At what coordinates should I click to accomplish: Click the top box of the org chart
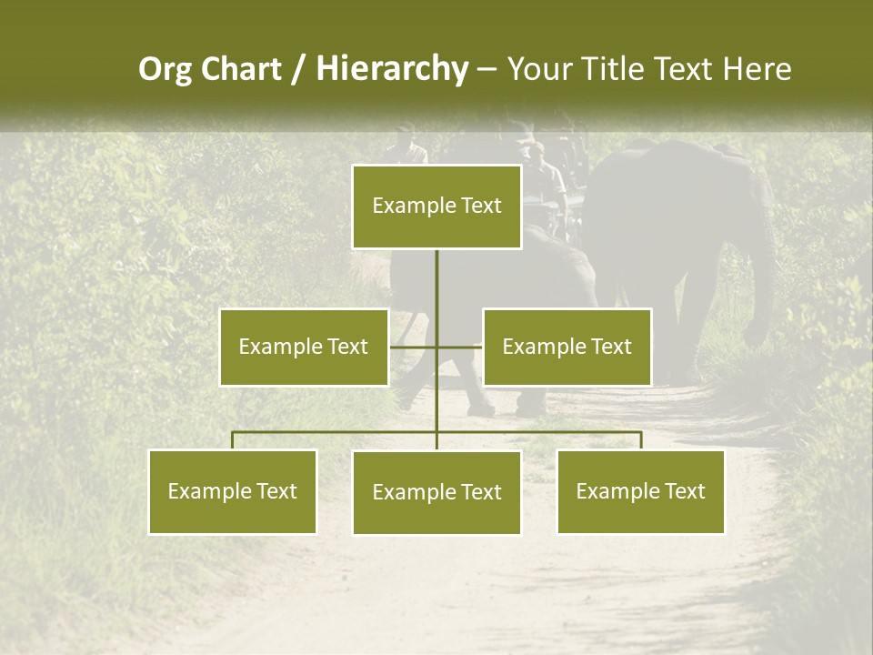point(436,207)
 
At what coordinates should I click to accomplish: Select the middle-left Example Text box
point(304,347)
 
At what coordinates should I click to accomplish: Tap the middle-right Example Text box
point(567,347)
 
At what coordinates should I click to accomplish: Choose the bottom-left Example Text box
point(233,491)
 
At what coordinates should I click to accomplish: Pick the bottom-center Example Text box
point(436,492)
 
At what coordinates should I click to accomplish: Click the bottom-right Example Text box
point(640,491)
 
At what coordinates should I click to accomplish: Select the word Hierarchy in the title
point(392,69)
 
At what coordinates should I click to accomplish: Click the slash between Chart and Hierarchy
point(298,69)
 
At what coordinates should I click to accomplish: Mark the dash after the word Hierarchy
point(487,69)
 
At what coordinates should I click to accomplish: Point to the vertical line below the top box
point(436,282)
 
